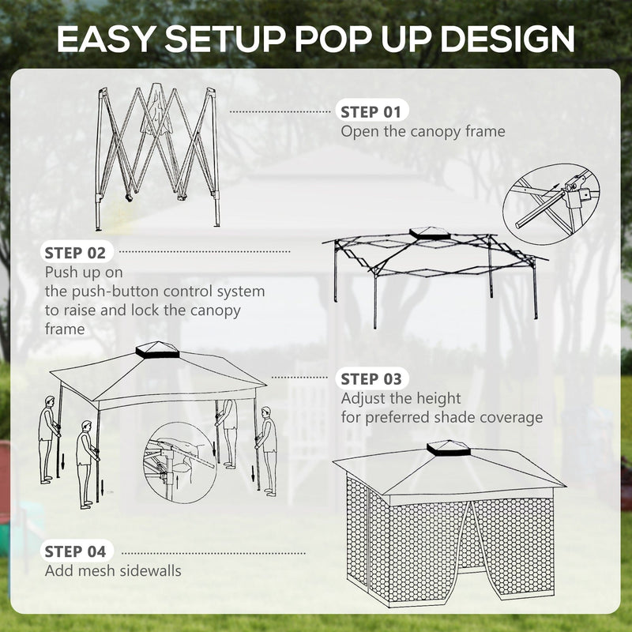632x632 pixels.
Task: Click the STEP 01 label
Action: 371,111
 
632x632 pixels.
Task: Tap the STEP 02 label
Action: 75,253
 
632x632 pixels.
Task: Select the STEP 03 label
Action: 371,379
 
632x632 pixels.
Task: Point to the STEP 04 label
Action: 75,551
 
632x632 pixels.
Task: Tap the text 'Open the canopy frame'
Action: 423,131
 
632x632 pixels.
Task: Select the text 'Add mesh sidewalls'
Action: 113,570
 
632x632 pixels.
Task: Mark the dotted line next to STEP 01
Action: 280,112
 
